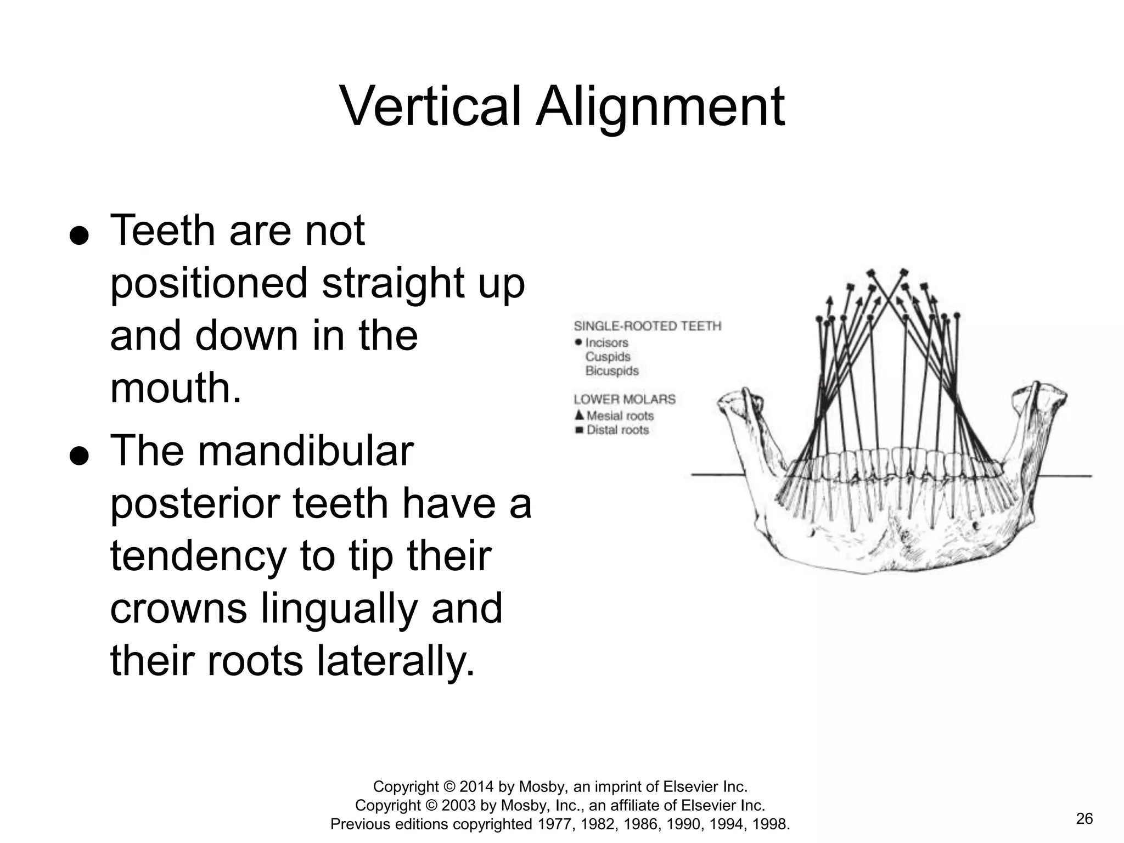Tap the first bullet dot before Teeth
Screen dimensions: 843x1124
pyautogui.click(x=80, y=236)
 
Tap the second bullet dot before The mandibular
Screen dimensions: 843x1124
pyautogui.click(x=80, y=456)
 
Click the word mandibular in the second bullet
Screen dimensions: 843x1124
pyautogui.click(x=305, y=451)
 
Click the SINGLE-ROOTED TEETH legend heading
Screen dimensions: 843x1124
pyautogui.click(x=647, y=326)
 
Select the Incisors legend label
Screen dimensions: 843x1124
pyautogui.click(x=606, y=342)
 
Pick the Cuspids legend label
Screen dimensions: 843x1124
pyautogui.click(x=608, y=357)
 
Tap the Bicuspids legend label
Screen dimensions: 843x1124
pyautogui.click(x=612, y=371)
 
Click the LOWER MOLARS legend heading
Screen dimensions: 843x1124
pyautogui.click(x=625, y=400)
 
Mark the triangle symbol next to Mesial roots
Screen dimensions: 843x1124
pyautogui.click(x=578, y=415)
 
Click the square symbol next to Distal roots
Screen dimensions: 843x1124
pyautogui.click(x=578, y=430)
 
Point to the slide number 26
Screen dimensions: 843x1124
pyautogui.click(x=1084, y=819)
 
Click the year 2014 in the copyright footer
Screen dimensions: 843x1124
pyautogui.click(x=477, y=787)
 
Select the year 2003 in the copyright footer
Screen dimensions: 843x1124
pyautogui.click(x=459, y=805)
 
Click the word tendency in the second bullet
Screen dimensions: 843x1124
pyautogui.click(x=199, y=557)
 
